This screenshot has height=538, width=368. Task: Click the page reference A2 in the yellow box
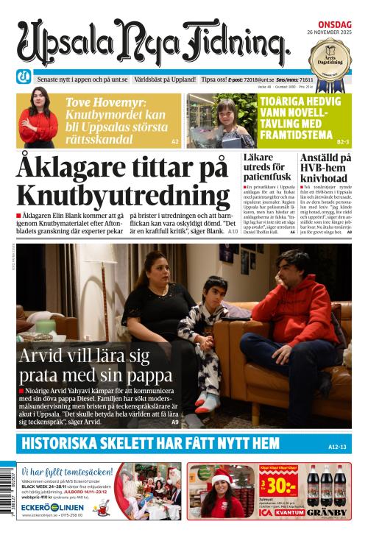(174, 141)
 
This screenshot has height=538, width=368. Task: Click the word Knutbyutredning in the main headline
(123, 196)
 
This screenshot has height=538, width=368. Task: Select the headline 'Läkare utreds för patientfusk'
(269, 169)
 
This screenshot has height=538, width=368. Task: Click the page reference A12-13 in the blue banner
(336, 447)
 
